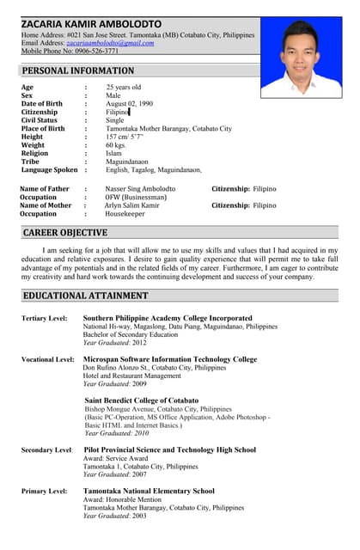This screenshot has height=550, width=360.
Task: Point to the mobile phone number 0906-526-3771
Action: [x=96, y=52]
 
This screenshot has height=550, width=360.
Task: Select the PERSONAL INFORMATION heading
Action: [x=78, y=70]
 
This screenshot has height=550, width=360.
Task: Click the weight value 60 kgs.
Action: [x=116, y=145]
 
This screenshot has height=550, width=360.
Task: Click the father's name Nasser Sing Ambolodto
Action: [x=140, y=188]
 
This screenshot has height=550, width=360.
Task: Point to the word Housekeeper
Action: [x=125, y=214]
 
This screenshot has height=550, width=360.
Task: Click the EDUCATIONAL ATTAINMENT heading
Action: [x=85, y=296]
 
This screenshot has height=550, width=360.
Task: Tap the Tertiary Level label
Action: [x=45, y=319]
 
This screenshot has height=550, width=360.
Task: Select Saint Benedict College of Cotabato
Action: [x=142, y=400]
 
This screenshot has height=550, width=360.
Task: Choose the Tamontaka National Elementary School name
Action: [x=149, y=491]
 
